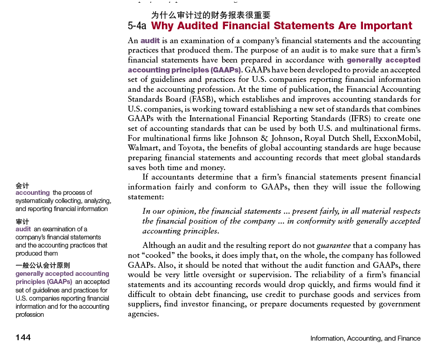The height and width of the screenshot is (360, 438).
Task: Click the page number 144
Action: click(23, 337)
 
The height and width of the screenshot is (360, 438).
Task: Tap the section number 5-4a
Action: click(137, 26)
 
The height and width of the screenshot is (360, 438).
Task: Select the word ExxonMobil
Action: click(398, 138)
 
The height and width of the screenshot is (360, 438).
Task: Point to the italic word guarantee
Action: click(333, 245)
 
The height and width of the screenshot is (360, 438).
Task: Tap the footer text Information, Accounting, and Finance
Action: click(365, 338)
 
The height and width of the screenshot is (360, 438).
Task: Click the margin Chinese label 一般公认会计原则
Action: click(43, 265)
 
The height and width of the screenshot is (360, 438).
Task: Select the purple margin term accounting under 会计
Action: click(32, 193)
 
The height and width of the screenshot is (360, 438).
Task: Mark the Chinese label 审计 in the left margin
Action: click(22, 221)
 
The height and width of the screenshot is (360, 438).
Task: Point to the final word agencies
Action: click(143, 314)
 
